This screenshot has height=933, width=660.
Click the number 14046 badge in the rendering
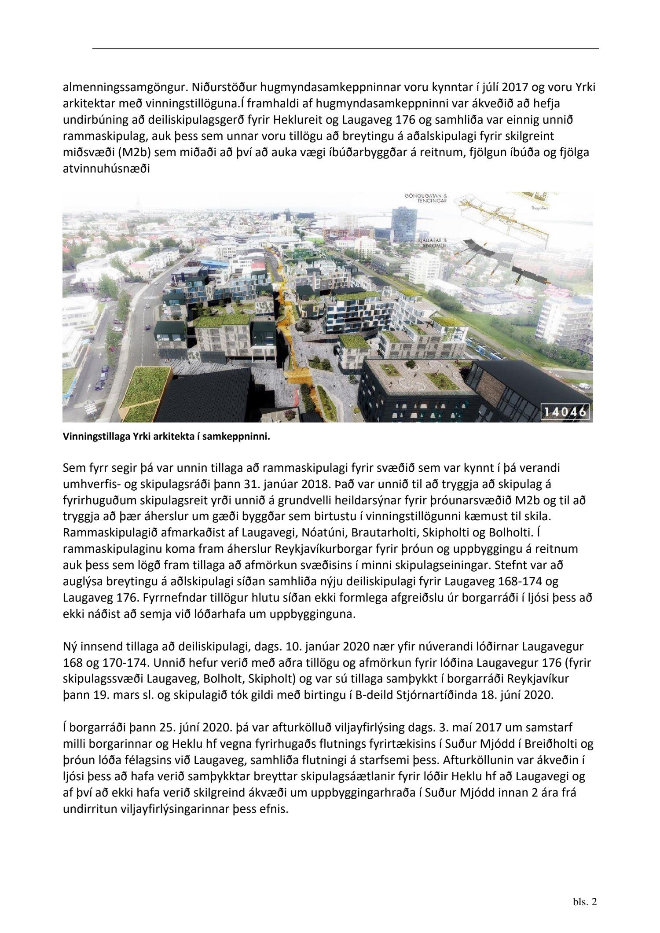pos(565,413)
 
